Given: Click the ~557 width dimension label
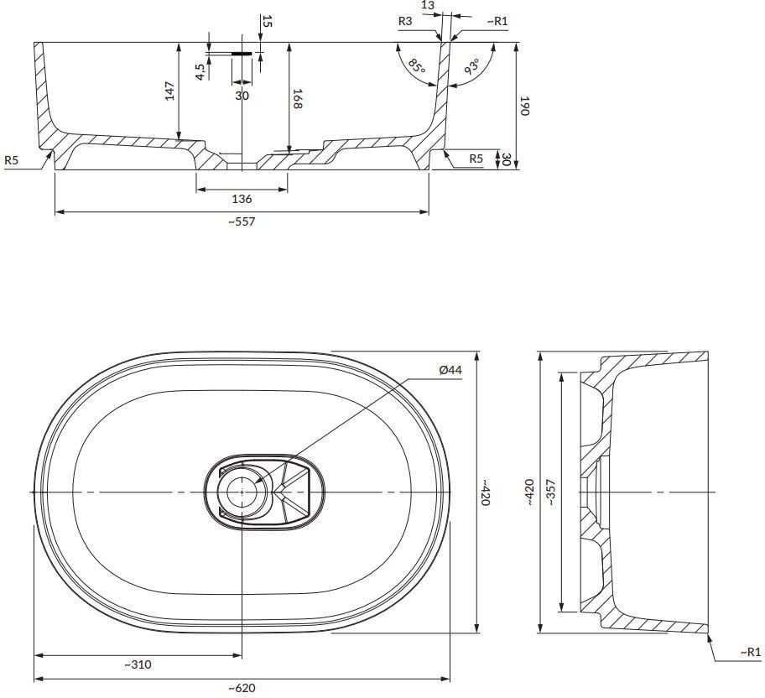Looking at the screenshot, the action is (242, 221).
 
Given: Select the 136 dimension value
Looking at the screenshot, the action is (242, 199).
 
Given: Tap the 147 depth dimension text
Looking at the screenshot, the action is (169, 91).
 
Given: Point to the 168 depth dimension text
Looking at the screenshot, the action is (297, 99).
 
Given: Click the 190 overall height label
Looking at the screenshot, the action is (524, 106).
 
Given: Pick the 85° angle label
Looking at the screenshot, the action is (416, 66).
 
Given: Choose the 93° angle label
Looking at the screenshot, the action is (471, 66).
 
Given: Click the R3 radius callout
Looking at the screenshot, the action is (405, 21).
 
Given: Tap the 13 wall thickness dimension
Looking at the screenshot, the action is (428, 6).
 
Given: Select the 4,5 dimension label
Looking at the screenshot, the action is (200, 71).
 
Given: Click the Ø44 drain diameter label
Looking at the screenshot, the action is (450, 369).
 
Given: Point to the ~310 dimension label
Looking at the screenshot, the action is (137, 664).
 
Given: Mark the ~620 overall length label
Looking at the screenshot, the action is (242, 688).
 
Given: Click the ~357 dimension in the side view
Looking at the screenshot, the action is (550, 492).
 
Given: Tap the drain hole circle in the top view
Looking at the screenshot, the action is (242, 492).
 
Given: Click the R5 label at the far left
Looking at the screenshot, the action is (11, 159).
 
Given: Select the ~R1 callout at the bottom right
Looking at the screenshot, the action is (751, 652).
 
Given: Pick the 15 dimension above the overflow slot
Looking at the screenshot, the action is (267, 21).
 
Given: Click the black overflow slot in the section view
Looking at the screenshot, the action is (242, 53).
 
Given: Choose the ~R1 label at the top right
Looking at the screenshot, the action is (497, 21).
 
